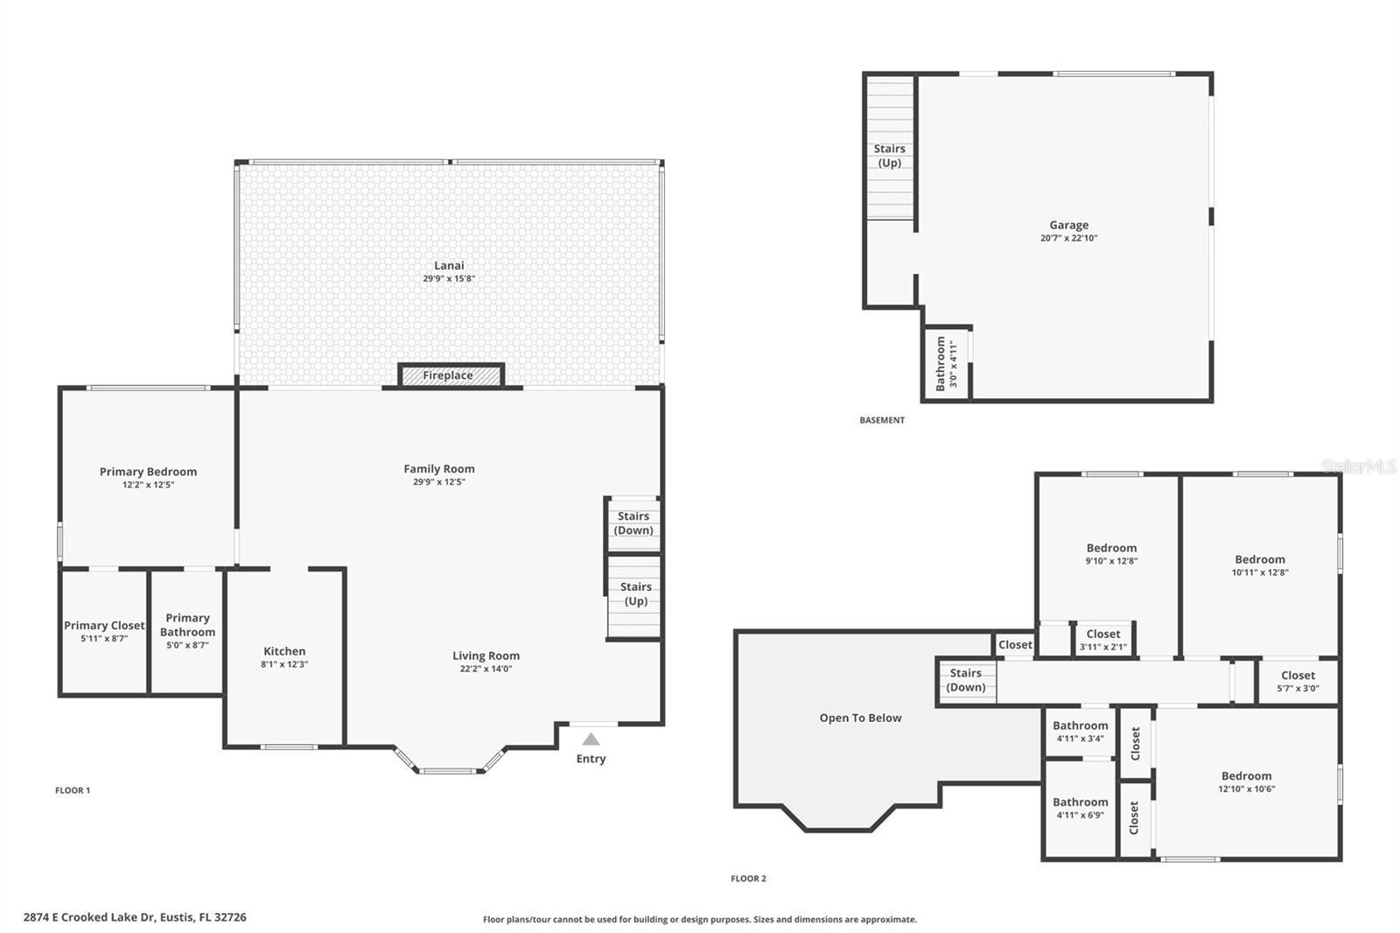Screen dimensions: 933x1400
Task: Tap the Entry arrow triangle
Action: coord(591,740)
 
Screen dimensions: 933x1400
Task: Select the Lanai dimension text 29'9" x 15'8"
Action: coord(449,279)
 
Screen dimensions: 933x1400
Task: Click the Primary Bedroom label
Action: coord(148,472)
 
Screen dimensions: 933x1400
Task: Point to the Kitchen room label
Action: coord(284,651)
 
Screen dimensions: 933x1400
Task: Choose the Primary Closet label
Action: coord(104,626)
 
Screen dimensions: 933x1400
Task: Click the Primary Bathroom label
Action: coord(187,625)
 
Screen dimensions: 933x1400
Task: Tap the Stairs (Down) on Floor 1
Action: coord(633,523)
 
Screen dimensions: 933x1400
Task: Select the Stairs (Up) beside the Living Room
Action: coord(635,594)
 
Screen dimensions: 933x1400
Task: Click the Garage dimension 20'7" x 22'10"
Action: coord(1068,238)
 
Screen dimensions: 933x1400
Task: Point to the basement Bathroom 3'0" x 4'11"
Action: coord(947,363)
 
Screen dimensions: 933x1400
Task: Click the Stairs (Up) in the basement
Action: coord(889,156)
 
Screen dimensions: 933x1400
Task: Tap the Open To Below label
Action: coord(860,718)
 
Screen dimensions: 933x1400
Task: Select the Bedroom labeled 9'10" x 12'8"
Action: coord(1111,554)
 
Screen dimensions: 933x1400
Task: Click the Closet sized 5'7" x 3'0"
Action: coord(1298,681)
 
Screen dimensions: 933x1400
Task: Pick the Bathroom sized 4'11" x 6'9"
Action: coord(1080,808)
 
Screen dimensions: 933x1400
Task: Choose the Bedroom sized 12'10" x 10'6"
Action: coord(1246,782)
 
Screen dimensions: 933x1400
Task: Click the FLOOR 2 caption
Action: coord(748,879)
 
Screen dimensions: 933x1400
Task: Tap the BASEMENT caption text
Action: coord(882,420)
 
